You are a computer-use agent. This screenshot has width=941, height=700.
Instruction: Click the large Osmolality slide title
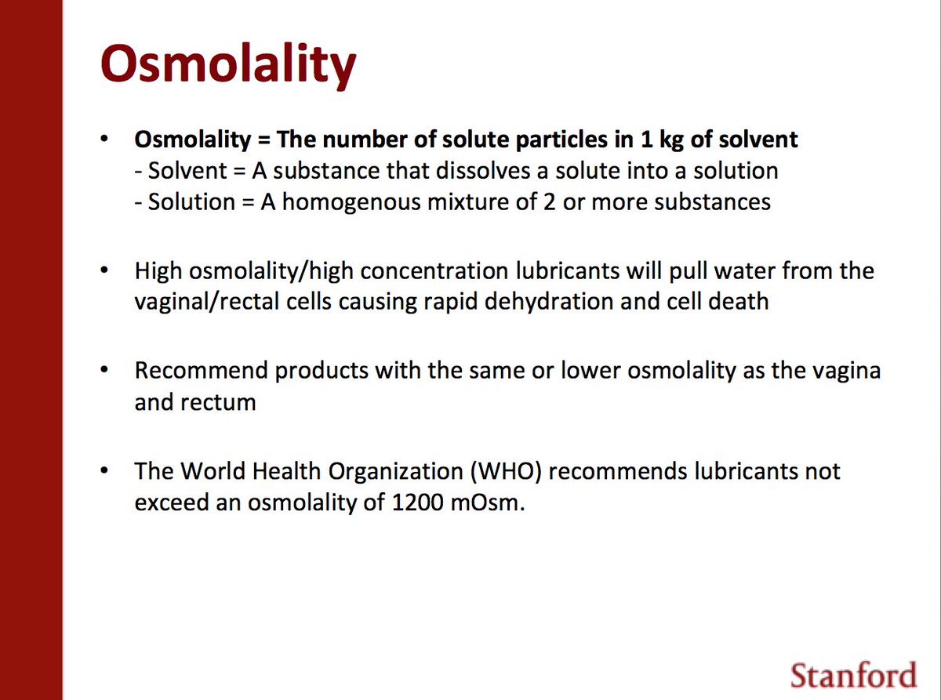tap(227, 64)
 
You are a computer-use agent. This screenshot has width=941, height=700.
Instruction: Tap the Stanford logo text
tap(852, 675)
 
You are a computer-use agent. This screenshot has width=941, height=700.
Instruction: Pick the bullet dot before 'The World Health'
tap(104, 472)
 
